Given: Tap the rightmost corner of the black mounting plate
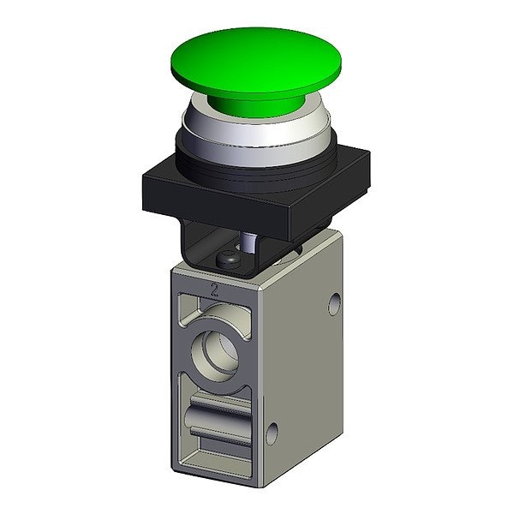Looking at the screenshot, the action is click(x=370, y=152).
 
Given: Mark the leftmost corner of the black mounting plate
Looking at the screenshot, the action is click(x=143, y=177).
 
